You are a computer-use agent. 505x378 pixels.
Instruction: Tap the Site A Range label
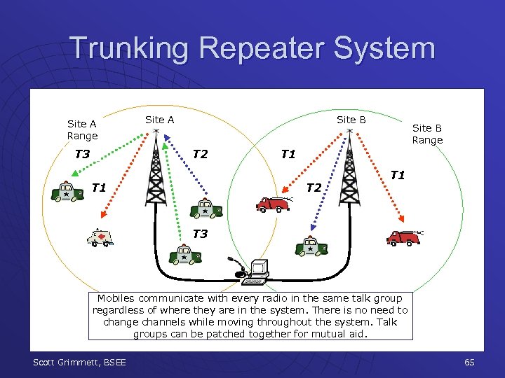coord(82,129)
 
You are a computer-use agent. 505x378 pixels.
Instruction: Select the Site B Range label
coord(427,134)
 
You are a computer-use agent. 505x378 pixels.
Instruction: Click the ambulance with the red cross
coord(99,239)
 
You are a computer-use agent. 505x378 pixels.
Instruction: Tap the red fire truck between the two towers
coord(273,204)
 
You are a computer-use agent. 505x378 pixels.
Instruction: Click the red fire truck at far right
coord(404,238)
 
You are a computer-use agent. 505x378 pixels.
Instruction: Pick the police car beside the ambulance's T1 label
coord(67,192)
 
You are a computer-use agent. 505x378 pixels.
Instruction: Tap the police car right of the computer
coord(311,246)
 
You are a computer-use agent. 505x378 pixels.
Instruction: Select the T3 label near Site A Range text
coord(82,154)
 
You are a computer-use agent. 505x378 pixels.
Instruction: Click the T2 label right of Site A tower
coord(200,154)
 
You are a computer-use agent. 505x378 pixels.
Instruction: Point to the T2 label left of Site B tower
coord(314,187)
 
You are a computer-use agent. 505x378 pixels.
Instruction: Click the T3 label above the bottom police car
coord(200,234)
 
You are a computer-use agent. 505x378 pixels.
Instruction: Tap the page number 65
coord(469,362)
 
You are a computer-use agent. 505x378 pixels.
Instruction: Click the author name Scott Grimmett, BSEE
coord(79,362)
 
